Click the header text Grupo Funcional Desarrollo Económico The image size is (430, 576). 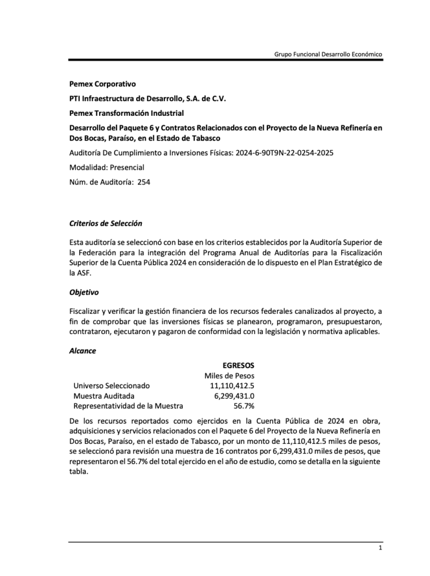(328, 54)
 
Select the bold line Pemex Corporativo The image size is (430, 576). (102, 84)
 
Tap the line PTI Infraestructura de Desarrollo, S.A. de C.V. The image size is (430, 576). (147, 98)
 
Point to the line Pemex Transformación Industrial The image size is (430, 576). (127, 113)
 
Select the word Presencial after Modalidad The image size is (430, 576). (127, 167)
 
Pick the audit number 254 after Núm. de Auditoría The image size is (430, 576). (144, 182)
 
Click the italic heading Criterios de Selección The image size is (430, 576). (105, 223)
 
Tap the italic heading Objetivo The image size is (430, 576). (84, 292)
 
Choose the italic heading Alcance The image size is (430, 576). (83, 350)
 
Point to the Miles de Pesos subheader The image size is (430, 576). (229, 375)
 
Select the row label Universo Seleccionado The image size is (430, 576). (111, 385)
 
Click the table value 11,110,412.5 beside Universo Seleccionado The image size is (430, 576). (232, 385)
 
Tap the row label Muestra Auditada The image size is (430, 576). (104, 395)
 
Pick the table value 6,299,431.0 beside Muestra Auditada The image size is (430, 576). (234, 395)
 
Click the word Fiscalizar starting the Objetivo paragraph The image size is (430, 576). (87, 311)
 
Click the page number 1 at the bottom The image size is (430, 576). (380, 548)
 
